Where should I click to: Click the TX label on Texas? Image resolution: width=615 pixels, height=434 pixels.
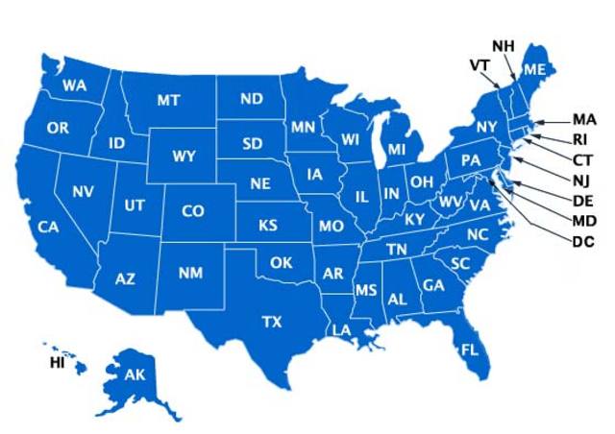[272, 322]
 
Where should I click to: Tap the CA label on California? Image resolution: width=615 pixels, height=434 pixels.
[49, 228]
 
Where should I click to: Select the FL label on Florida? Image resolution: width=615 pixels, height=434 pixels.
[469, 349]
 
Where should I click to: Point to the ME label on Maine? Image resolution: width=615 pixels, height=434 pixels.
[534, 69]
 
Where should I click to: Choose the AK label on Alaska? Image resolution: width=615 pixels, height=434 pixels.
[134, 374]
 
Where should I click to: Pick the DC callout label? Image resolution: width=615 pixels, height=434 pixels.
[583, 240]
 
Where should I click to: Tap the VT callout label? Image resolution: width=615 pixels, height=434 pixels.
[480, 64]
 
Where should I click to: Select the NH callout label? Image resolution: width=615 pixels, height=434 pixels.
[504, 46]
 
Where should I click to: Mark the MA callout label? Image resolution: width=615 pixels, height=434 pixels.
[584, 120]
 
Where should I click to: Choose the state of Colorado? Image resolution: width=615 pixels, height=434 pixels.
[192, 211]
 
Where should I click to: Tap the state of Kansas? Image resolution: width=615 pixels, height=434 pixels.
[270, 226]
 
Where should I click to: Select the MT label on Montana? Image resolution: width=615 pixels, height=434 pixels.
[169, 101]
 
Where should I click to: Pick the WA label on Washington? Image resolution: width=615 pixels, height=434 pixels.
[74, 86]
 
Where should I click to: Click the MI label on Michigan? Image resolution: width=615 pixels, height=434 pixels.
[397, 151]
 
